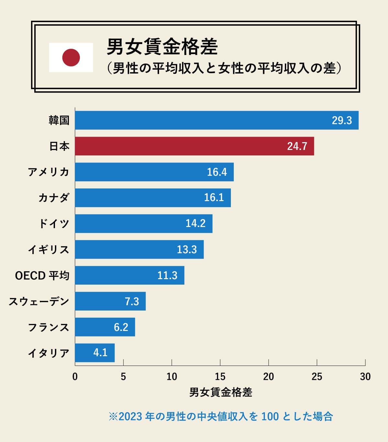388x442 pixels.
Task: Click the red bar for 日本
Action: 194,146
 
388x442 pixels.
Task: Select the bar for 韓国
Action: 217,120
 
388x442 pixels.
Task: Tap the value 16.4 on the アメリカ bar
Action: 217,172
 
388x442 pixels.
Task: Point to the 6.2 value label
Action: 121,327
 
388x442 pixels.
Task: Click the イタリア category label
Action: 48,353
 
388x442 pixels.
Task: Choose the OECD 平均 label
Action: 42,276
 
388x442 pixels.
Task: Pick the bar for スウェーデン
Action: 110,301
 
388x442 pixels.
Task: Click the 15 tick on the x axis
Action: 220,377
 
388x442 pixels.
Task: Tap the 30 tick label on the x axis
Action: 365,377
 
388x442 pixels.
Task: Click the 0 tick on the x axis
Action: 75,377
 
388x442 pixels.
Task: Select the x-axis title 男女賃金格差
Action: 221,392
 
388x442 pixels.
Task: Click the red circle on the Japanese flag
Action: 71,57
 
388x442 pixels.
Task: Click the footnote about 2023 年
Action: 221,416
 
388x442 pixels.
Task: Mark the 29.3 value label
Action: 341,120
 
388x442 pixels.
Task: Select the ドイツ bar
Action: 144,223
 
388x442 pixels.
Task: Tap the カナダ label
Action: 54,198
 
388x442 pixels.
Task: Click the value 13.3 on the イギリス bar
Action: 187,249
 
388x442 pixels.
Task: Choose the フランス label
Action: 48,327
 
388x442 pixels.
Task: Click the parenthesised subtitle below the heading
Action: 224,69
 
